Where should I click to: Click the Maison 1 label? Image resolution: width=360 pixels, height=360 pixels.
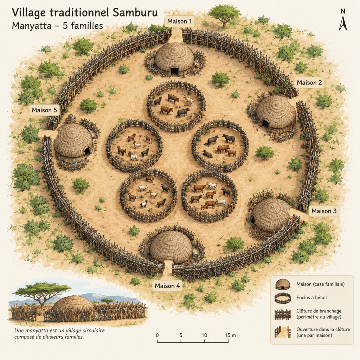[179, 21]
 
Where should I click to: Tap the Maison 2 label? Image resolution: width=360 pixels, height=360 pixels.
[309, 83]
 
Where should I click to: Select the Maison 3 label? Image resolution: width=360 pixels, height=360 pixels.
[324, 211]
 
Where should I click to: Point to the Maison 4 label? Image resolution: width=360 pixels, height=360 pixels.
[167, 286]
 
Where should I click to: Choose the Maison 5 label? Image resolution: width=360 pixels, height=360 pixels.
[44, 110]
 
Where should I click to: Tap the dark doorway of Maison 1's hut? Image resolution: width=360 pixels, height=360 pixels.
[175, 71]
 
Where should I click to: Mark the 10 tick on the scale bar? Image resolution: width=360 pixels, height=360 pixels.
[205, 340]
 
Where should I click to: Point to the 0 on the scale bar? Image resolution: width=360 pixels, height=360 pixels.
[157, 335]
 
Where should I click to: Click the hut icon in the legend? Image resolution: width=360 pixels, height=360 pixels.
[283, 284]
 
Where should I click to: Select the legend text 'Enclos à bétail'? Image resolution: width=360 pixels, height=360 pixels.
[311, 297]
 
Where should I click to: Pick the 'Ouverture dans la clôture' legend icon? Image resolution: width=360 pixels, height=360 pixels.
[283, 332]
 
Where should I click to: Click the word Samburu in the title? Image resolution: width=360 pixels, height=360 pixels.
[135, 12]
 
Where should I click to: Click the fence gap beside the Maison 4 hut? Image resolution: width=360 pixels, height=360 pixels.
[169, 268]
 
